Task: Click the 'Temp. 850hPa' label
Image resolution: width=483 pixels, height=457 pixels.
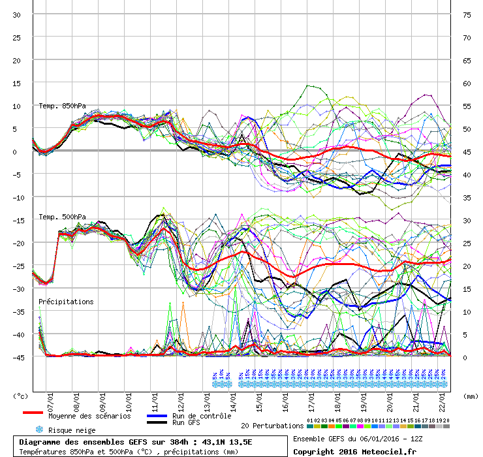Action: pos(62,106)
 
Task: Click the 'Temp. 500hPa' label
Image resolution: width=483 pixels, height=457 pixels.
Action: pos(62,217)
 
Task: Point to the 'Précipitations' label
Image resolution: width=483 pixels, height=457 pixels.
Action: pos(66,302)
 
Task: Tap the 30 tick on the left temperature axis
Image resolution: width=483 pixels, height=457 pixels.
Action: pos(17,14)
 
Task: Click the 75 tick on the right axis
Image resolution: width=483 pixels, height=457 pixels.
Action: pos(467,14)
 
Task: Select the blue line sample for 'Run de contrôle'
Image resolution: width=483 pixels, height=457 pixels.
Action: pos(157,416)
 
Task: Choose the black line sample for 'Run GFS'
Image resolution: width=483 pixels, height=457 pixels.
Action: pos(157,423)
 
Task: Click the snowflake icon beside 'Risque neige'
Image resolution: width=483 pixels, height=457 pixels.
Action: pos(39,430)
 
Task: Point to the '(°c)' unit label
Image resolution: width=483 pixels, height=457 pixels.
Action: pos(21,396)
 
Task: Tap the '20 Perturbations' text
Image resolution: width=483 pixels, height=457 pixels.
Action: pos(272,425)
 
